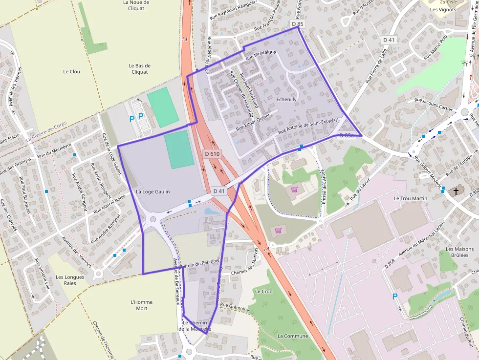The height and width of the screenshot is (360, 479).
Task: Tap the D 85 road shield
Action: pos(297,23)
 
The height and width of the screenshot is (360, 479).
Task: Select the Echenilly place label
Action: pos(286,99)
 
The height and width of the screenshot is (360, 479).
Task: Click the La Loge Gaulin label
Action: pos(153,191)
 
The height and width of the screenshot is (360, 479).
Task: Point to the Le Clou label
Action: pos(71,71)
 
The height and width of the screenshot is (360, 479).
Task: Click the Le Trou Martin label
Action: pos(411,198)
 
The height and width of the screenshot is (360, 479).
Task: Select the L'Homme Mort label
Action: pos(142,305)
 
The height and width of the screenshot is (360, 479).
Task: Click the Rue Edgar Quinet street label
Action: pos(253,119)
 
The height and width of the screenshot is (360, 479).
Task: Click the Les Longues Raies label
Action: pos(70,280)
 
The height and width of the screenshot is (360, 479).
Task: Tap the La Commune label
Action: pos(293,336)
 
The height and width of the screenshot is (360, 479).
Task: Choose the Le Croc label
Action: pos(263,291)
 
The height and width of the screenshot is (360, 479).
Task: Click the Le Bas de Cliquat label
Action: pos(140,68)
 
